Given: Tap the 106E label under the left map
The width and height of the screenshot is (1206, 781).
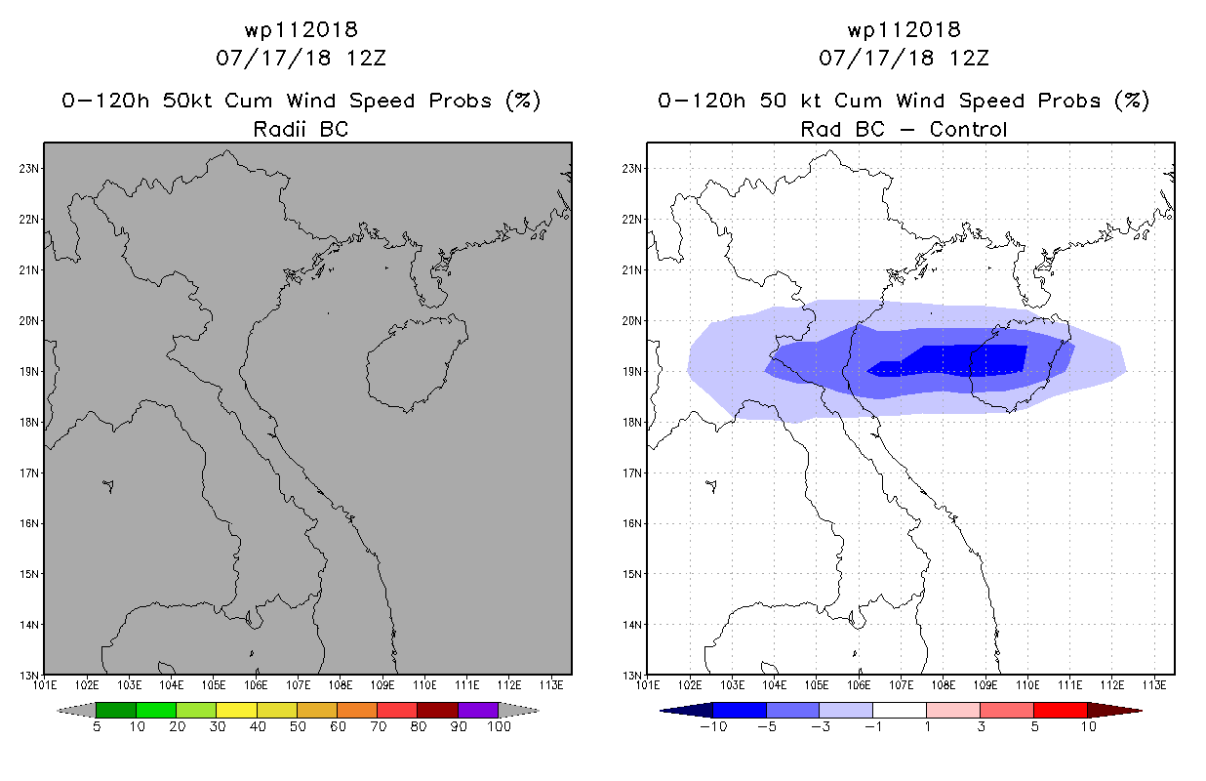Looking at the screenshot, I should coord(256,683).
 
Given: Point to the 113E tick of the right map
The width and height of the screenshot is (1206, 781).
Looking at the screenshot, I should coord(1154,683).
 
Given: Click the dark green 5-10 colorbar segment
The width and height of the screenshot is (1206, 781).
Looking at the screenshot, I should coord(116,710).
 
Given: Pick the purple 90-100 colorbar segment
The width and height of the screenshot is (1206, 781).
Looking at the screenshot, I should coord(478,710).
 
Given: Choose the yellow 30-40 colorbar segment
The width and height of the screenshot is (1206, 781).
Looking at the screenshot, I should coord(236,710).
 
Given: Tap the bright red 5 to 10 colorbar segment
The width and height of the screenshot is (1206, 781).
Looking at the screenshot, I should coord(1060,710).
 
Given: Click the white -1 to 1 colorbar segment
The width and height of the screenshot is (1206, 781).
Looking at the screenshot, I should coord(900,710).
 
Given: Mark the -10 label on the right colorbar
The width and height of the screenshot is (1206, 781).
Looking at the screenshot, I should coord(712,726).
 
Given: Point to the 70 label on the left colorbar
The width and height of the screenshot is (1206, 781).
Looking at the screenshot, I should coord(378,726).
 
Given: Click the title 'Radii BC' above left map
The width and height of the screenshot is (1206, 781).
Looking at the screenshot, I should coord(301,128).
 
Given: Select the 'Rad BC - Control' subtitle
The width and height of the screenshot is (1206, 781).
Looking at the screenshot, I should coord(904,128).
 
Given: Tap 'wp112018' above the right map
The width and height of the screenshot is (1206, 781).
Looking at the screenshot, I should coord(904,30).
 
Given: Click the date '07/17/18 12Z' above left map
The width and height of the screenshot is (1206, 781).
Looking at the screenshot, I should coord(301,58).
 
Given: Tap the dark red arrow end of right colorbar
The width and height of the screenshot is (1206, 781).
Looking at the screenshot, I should coord(1127,710).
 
